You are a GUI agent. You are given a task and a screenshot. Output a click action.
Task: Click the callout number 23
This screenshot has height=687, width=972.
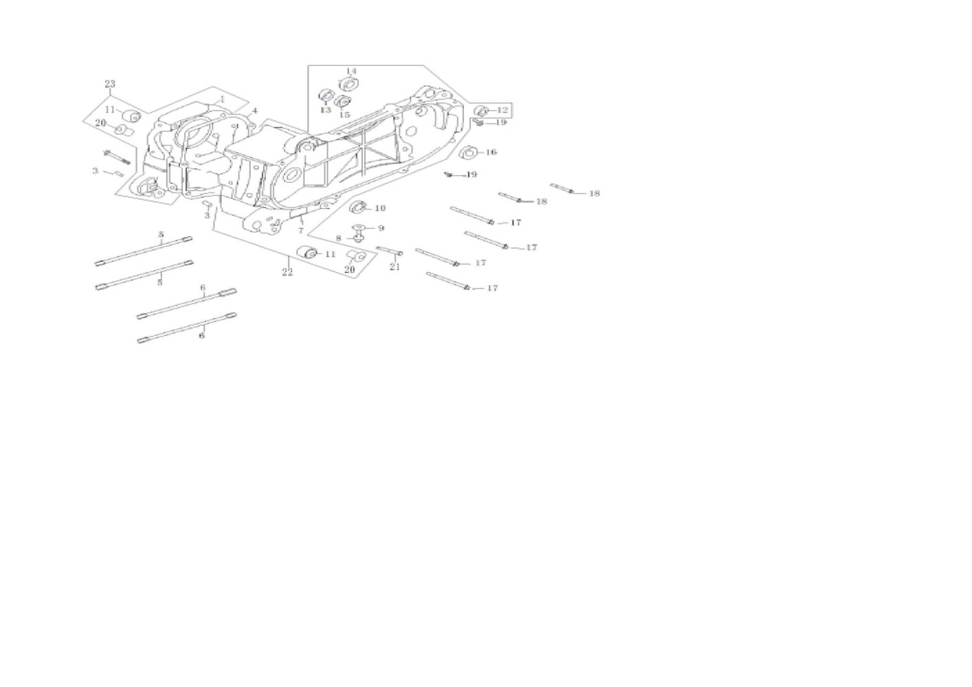pos(110,84)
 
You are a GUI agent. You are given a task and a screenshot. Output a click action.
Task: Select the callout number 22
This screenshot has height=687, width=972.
pos(287,272)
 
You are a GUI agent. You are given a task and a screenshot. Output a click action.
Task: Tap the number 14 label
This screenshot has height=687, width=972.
pos(351,71)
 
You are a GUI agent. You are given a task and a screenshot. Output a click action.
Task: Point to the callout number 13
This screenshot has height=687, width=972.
pos(326,110)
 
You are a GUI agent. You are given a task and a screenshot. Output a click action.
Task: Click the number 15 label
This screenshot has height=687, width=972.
pos(344,115)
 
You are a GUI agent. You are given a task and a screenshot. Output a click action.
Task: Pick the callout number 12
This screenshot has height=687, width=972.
pos(502,110)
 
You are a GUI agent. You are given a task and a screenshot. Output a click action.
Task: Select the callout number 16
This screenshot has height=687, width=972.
pos(491,152)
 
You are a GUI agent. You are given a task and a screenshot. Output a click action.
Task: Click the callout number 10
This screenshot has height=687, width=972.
pos(380,207)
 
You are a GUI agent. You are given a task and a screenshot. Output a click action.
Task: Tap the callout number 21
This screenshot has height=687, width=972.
pos(395,267)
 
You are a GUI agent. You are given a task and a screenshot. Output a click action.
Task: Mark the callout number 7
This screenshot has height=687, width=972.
pos(300,231)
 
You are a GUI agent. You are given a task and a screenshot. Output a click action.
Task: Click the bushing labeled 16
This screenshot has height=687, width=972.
pos(470,152)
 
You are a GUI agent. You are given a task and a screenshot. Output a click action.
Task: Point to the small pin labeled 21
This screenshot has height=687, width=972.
pos(389,251)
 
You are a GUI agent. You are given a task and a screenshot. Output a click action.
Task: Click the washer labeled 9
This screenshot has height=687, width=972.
pos(358,227)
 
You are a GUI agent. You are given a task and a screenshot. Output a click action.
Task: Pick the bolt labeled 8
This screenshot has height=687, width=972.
pos(359,238)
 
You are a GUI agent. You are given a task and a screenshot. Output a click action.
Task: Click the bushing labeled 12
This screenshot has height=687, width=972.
pos(483,110)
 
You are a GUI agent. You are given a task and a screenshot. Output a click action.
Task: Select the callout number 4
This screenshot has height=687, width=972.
pos(254,111)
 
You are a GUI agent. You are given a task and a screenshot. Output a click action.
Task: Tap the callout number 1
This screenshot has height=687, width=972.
pos(222,99)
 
